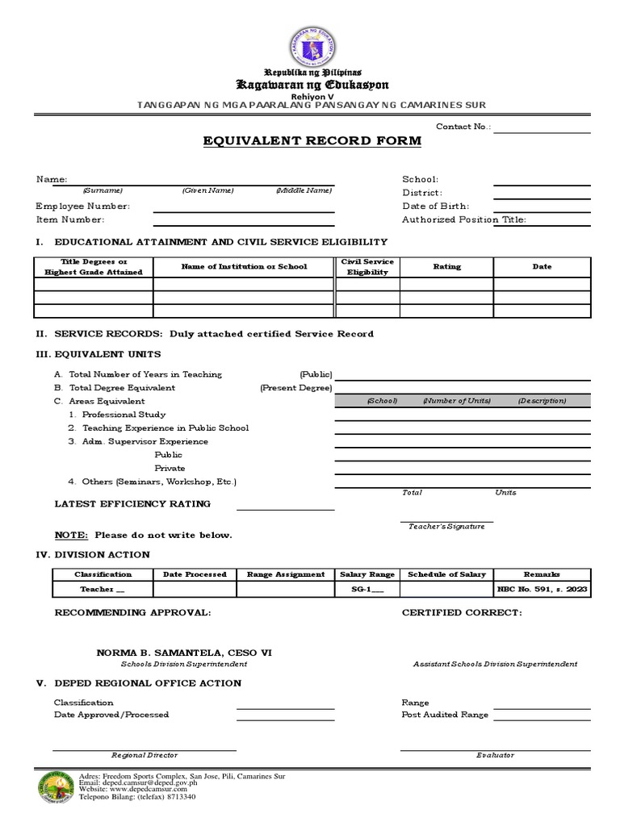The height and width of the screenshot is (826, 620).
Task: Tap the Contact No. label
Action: click(x=463, y=127)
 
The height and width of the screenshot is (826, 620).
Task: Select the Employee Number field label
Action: click(x=82, y=206)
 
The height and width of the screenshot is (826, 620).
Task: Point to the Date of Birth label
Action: click(x=435, y=206)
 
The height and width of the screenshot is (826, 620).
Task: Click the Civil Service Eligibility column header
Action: click(x=367, y=267)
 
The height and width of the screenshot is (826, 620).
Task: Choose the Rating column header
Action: click(x=446, y=266)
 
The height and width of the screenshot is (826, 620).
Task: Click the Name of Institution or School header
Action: click(x=244, y=266)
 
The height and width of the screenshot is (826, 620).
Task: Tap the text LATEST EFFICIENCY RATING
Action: click(x=132, y=503)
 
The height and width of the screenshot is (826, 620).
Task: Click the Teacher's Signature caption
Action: click(x=446, y=526)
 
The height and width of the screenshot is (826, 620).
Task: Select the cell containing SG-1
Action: click(x=367, y=590)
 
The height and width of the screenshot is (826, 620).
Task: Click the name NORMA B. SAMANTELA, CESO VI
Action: click(x=184, y=652)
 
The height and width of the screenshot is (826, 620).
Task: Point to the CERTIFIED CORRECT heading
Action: click(x=462, y=613)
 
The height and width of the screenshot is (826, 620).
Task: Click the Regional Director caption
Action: click(x=145, y=755)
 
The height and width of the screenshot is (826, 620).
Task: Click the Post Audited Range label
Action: click(x=445, y=715)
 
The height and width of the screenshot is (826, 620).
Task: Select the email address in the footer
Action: click(x=132, y=782)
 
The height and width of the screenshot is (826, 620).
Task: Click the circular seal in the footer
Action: click(x=55, y=788)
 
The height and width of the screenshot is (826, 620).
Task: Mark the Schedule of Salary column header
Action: click(x=446, y=574)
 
